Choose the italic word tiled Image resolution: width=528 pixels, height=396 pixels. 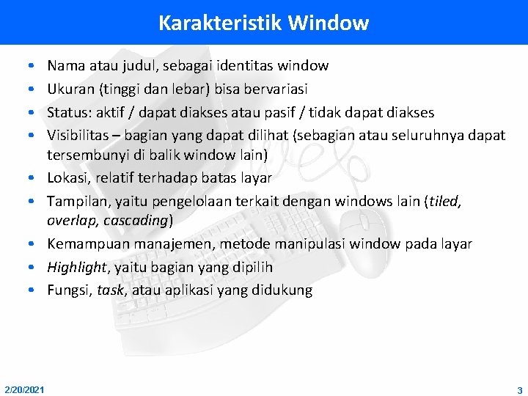coord(442,201)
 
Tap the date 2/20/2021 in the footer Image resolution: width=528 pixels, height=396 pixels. coord(23,389)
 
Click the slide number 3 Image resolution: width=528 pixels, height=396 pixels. coord(519,389)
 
